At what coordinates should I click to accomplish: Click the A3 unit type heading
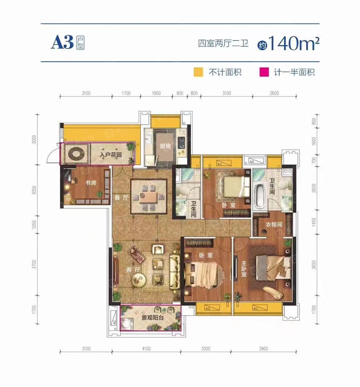click(x=62, y=42)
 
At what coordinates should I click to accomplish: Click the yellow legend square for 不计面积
click(x=197, y=72)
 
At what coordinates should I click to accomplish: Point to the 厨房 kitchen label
click(x=165, y=146)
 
